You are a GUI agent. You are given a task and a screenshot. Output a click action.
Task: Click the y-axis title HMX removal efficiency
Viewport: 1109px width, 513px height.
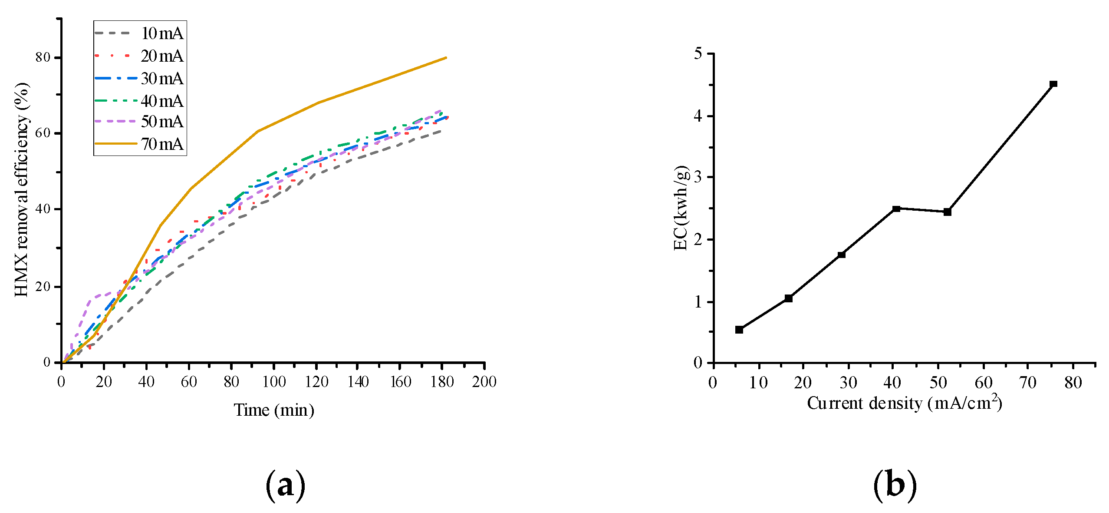22,189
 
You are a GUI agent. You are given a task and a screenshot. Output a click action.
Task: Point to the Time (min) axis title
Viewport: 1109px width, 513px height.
274,410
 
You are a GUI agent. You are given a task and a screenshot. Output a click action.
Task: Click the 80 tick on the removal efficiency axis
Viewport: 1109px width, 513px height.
43,57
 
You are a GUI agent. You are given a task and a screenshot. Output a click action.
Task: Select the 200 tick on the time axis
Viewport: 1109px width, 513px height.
484,382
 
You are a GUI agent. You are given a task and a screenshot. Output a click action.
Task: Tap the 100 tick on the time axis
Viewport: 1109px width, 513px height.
273,382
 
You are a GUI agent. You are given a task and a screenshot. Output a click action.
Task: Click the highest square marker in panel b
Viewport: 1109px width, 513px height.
1053,84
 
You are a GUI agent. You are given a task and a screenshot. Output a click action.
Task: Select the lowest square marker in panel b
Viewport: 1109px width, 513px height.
739,330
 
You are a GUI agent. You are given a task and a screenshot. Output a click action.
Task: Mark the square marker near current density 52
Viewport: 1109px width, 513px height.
947,212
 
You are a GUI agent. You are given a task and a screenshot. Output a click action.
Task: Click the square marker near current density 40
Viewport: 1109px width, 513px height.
896,209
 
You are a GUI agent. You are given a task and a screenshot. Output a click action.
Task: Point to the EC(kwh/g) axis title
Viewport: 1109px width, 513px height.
681,209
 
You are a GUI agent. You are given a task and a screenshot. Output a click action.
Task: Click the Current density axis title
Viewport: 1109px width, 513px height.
904,403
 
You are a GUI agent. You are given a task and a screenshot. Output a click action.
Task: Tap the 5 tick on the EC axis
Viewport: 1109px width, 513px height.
698,53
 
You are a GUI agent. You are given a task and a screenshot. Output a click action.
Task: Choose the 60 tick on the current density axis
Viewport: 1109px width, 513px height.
983,383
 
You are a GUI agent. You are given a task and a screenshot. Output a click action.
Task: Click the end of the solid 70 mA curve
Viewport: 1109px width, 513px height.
446,58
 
